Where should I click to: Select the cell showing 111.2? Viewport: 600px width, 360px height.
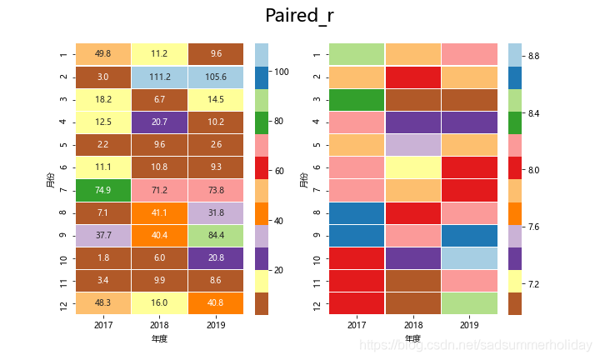pyautogui.click(x=160, y=77)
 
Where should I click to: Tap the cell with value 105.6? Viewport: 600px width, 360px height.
pyautogui.click(x=217, y=77)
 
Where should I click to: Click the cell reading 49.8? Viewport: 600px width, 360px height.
pyautogui.click(x=103, y=54)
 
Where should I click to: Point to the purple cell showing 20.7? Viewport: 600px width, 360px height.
pyautogui.click(x=160, y=122)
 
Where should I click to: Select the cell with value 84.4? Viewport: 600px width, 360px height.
pyautogui.click(x=217, y=235)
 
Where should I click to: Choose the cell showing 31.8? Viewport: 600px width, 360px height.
pyautogui.click(x=217, y=212)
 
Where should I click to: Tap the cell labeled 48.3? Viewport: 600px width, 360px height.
pyautogui.click(x=103, y=303)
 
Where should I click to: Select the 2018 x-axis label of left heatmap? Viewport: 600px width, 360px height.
pyautogui.click(x=160, y=324)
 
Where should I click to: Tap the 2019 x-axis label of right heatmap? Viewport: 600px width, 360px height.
pyautogui.click(x=470, y=324)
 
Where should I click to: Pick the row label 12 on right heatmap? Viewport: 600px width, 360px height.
pyautogui.click(x=316, y=303)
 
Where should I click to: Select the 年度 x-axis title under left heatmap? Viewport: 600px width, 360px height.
pyautogui.click(x=160, y=339)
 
